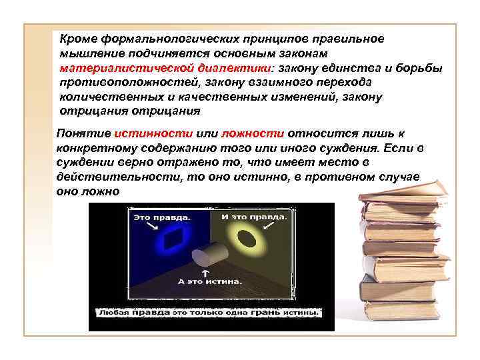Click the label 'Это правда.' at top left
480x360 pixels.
pyautogui.click(x=162, y=217)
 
